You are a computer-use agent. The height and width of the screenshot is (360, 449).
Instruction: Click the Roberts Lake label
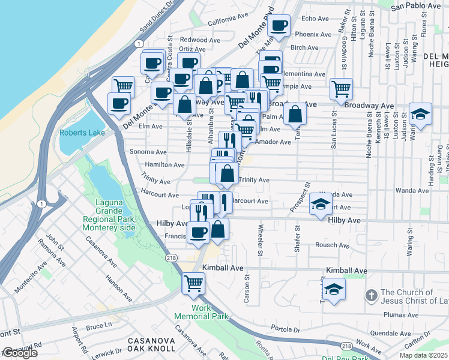pos(82,133)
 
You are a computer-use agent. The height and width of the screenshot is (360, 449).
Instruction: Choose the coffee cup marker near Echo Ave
pos(279,25)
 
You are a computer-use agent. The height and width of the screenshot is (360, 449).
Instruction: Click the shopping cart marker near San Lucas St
pos(341,89)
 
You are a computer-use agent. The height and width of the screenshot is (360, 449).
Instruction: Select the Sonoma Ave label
pos(152,152)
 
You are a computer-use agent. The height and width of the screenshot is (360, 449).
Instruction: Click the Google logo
pos(20,353)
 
